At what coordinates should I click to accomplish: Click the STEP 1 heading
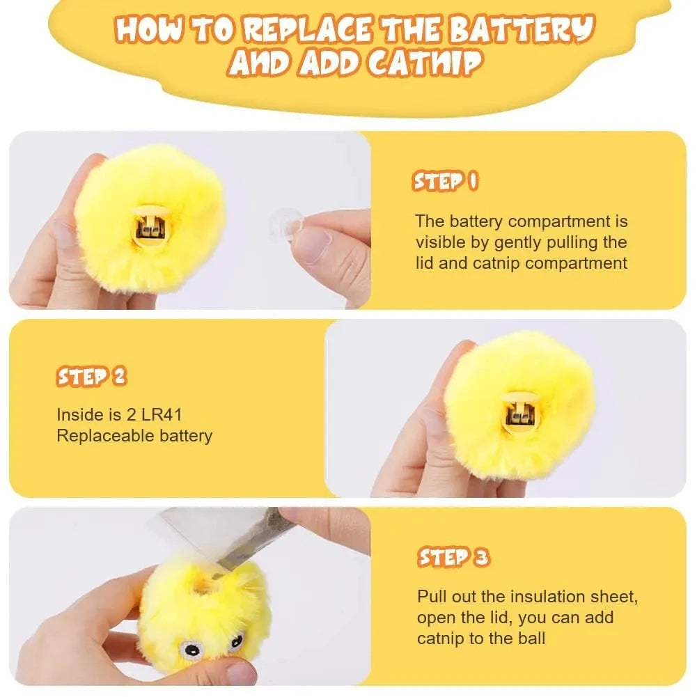click(x=446, y=182)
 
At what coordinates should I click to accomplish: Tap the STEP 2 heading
click(x=91, y=377)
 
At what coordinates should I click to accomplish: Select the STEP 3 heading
click(x=453, y=557)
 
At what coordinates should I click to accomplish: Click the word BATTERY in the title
click(x=522, y=31)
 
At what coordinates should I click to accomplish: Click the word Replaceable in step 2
click(x=97, y=436)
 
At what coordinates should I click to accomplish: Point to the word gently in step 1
click(x=527, y=242)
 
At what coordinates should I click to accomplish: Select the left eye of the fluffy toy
click(x=189, y=650)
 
